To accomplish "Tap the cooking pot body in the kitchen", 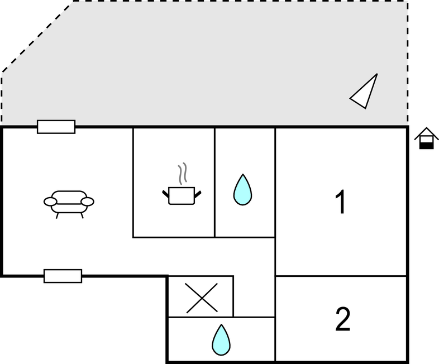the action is click(x=182, y=196).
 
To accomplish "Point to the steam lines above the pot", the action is click(x=182, y=174).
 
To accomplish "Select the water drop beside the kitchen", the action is click(x=243, y=190).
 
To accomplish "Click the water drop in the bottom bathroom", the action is click(x=221, y=340).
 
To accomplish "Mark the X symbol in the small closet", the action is click(x=202, y=298).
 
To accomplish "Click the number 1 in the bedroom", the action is click(x=341, y=202).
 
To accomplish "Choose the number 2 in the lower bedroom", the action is click(x=343, y=319).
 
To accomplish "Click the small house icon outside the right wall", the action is click(x=426, y=138).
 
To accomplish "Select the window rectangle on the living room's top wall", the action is click(x=56, y=127).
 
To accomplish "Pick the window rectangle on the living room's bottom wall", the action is click(x=63, y=276).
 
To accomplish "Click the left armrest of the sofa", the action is click(x=50, y=202).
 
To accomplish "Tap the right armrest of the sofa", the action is click(x=87, y=202).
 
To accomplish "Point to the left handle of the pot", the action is click(x=165, y=194).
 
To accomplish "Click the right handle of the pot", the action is click(x=198, y=194).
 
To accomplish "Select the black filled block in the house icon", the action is click(x=426, y=146).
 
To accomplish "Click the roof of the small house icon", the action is click(x=426, y=132).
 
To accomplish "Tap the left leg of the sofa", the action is click(x=57, y=215).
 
